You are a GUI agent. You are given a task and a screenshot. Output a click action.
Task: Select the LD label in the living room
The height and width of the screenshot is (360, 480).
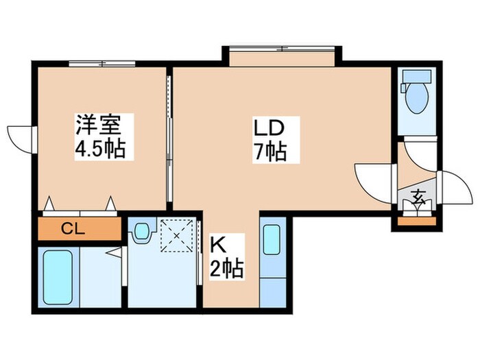pyautogui.click(x=268, y=128)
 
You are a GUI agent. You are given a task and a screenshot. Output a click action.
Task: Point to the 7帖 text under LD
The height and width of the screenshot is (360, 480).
pyautogui.click(x=269, y=152)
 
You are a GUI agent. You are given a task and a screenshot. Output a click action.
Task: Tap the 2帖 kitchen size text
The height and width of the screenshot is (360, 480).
pyautogui.click(x=226, y=267)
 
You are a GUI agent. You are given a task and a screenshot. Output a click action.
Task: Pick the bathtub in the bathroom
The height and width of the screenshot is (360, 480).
pyautogui.click(x=60, y=278)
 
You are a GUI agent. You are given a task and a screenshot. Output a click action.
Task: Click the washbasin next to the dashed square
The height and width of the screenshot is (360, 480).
pyautogui.click(x=142, y=231)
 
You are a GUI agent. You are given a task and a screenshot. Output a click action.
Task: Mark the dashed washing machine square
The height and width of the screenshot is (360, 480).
pyautogui.click(x=177, y=237)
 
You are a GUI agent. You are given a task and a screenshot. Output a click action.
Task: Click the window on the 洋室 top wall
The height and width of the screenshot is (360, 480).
pyautogui.click(x=102, y=64)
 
